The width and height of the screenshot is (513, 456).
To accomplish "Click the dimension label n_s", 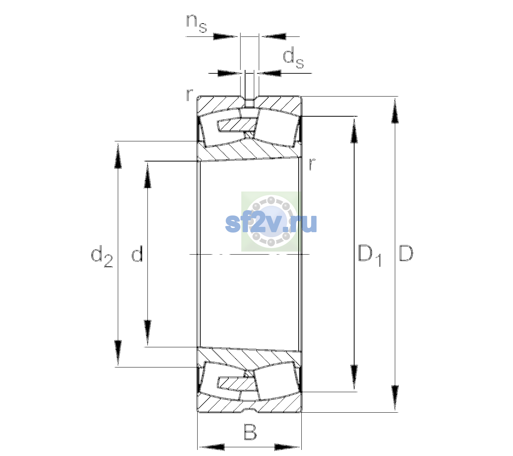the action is coord(196,24).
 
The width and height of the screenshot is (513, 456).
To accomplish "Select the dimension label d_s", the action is coord(293,58).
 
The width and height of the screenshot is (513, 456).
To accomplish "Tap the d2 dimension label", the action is coord(102,256).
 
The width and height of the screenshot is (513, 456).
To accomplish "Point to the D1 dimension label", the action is coord(370,255).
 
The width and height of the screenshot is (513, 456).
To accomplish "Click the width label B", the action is coord(250,432).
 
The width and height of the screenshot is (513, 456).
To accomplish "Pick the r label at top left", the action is coord(189,95).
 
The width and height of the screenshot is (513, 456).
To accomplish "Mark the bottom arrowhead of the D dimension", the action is coord(395,398).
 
